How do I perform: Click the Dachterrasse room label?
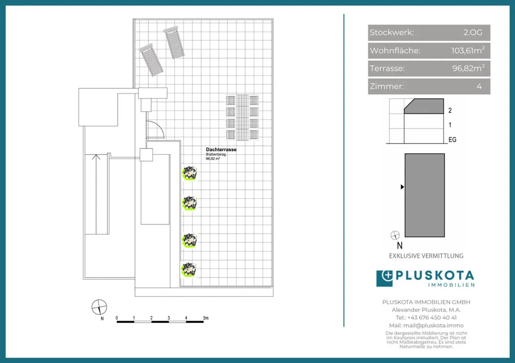[221, 150]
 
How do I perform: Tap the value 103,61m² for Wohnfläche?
[468, 50]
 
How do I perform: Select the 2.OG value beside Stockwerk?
[473, 32]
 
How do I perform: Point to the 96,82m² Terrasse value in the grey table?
[468, 68]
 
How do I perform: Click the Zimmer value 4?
[479, 86]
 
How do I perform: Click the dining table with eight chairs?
[242, 117]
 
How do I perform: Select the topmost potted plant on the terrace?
[189, 173]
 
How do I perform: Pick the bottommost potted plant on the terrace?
[189, 269]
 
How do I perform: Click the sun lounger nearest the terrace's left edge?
[151, 60]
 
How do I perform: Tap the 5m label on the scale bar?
[206, 318]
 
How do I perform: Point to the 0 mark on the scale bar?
[117, 318]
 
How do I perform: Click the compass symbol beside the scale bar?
[99, 307]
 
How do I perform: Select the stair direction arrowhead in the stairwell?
[96, 157]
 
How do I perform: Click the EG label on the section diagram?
[452, 140]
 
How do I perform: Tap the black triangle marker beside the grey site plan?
[402, 187]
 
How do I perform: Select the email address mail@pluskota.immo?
[434, 326]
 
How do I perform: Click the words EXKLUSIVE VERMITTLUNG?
[426, 256]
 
